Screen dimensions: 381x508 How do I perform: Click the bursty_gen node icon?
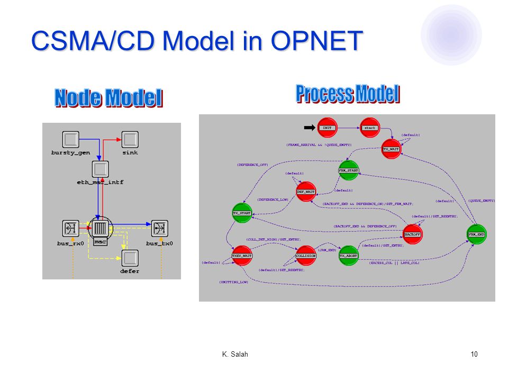(x=70, y=140)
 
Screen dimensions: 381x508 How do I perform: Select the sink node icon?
(x=130, y=140)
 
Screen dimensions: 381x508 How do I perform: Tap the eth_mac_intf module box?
(x=100, y=169)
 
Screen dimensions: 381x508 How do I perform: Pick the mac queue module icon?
(x=100, y=229)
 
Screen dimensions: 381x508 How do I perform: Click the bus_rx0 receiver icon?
(x=70, y=229)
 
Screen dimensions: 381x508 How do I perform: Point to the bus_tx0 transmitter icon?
(x=159, y=229)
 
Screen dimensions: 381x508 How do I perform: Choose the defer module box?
(x=130, y=258)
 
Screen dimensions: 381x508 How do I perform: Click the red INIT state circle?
(x=326, y=128)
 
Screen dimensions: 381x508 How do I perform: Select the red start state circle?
(x=369, y=128)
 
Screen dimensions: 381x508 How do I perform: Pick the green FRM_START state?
(x=348, y=170)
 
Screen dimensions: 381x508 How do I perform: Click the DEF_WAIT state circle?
(x=306, y=192)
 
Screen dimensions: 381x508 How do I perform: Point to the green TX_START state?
(x=242, y=213)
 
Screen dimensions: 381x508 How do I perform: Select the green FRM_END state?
(x=476, y=234)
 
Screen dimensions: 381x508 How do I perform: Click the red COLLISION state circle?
(x=306, y=256)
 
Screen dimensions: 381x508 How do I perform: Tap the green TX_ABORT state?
(x=348, y=256)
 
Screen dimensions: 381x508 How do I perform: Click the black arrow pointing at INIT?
(x=309, y=128)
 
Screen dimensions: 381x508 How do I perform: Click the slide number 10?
(x=474, y=354)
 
